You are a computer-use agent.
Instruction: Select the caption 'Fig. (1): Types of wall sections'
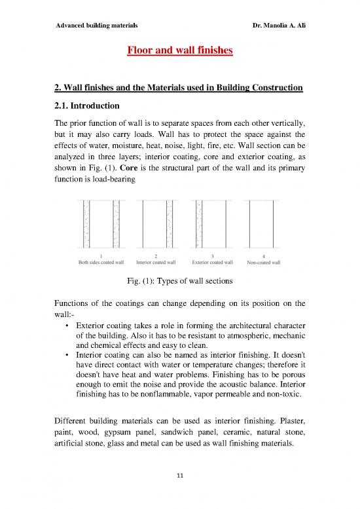[180, 282]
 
